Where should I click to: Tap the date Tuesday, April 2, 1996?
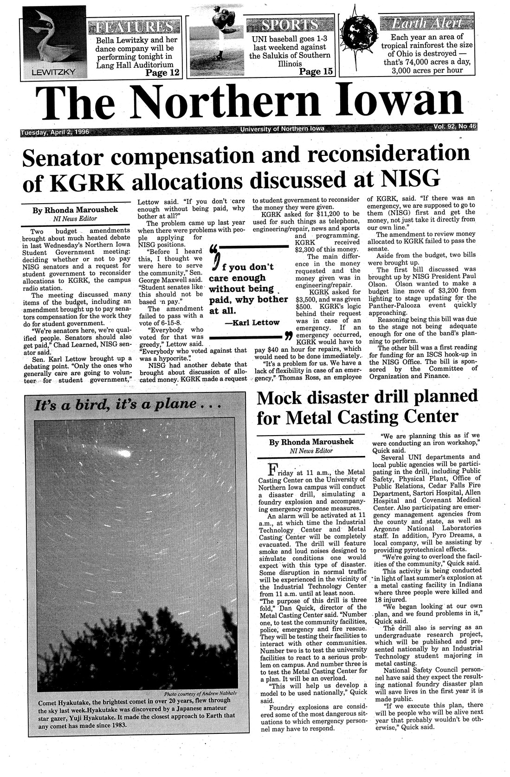55,132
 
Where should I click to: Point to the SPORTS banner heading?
284,25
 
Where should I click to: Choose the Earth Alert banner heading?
426,23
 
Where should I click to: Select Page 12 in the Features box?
162,72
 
